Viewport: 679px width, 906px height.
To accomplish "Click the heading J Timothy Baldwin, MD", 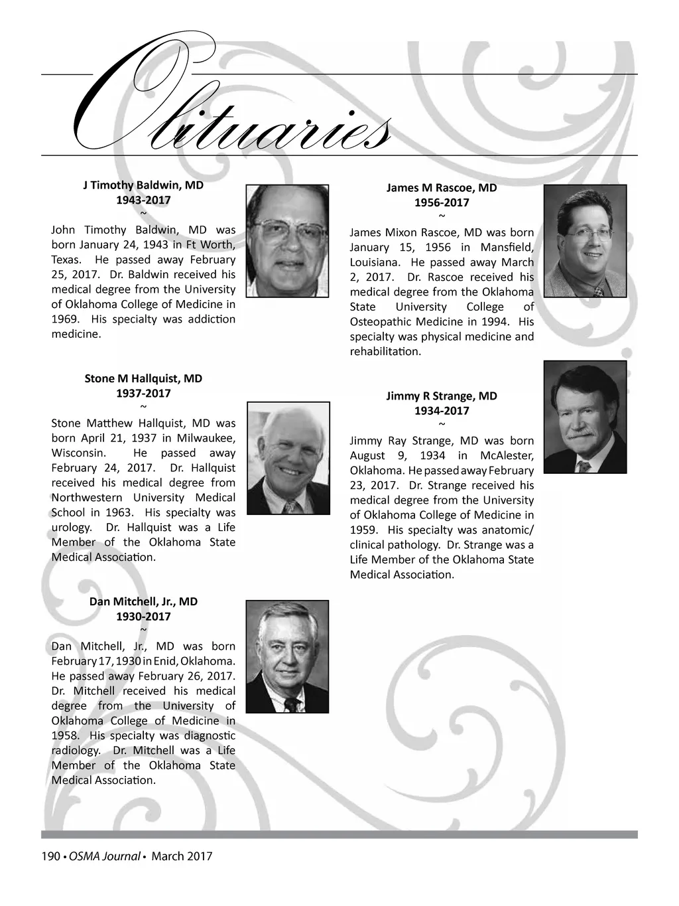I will pyautogui.click(x=143, y=185).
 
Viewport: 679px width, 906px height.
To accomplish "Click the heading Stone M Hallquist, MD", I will pyautogui.click(x=143, y=378).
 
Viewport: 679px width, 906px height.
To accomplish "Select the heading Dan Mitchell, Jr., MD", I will pyautogui.click(x=143, y=601).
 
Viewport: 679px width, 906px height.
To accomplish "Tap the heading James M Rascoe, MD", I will pyautogui.click(x=442, y=188).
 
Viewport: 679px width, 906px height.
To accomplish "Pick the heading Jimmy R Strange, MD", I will pyautogui.click(x=442, y=396).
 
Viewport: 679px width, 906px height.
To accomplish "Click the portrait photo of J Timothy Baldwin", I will pyautogui.click(x=287, y=240).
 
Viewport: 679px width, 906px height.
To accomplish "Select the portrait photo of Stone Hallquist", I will pyautogui.click(x=288, y=458).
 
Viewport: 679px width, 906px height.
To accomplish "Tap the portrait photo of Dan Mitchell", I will pyautogui.click(x=287, y=656).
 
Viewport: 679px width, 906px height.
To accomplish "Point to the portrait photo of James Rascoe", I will pyautogui.click(x=585, y=240).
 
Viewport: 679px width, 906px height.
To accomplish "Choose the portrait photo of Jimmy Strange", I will pyautogui.click(x=585, y=417).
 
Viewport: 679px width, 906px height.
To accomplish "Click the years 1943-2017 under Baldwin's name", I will pyautogui.click(x=143, y=200).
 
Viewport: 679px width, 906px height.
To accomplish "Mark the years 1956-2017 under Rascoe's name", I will pyautogui.click(x=442, y=202).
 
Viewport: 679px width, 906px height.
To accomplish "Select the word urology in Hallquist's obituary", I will pyautogui.click(x=71, y=528).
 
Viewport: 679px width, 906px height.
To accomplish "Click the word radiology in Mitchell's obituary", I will pyautogui.click(x=76, y=751).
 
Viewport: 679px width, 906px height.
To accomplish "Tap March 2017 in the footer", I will pyautogui.click(x=182, y=856).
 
